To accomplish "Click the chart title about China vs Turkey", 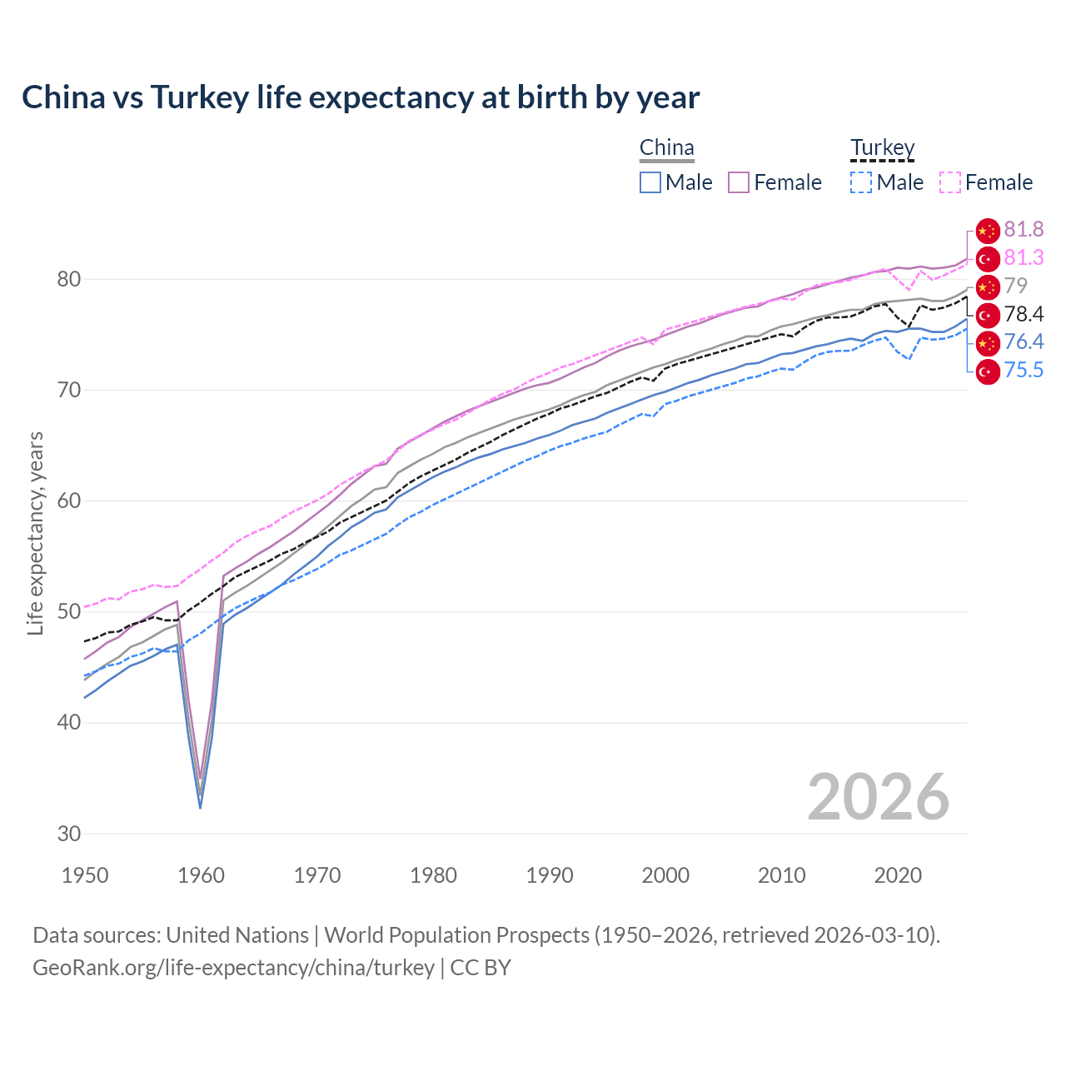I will tap(361, 97).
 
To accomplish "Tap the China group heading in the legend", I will tap(666, 148).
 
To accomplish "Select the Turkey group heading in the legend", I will tap(882, 148).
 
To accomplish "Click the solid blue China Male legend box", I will tap(650, 182).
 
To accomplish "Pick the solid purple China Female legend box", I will tap(739, 182).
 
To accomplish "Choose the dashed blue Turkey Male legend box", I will tap(861, 182).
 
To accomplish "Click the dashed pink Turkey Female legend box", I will tap(950, 182).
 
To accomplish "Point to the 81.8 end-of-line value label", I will tap(1024, 230).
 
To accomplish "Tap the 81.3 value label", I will tap(1024, 258).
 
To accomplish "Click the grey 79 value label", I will tap(1015, 286).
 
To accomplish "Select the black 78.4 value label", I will tap(1024, 315).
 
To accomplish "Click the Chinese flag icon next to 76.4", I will tap(988, 342).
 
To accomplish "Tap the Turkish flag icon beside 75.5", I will tap(988, 371).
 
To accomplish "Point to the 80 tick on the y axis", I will tap(69, 279).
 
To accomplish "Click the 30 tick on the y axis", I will tap(69, 833).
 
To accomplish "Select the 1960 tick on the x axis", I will tap(202, 875).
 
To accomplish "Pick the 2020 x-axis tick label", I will tap(898, 875).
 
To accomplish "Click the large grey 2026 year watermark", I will tap(879, 798).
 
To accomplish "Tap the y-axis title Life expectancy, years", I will tap(36, 533).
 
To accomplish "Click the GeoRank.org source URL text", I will tap(233, 968).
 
